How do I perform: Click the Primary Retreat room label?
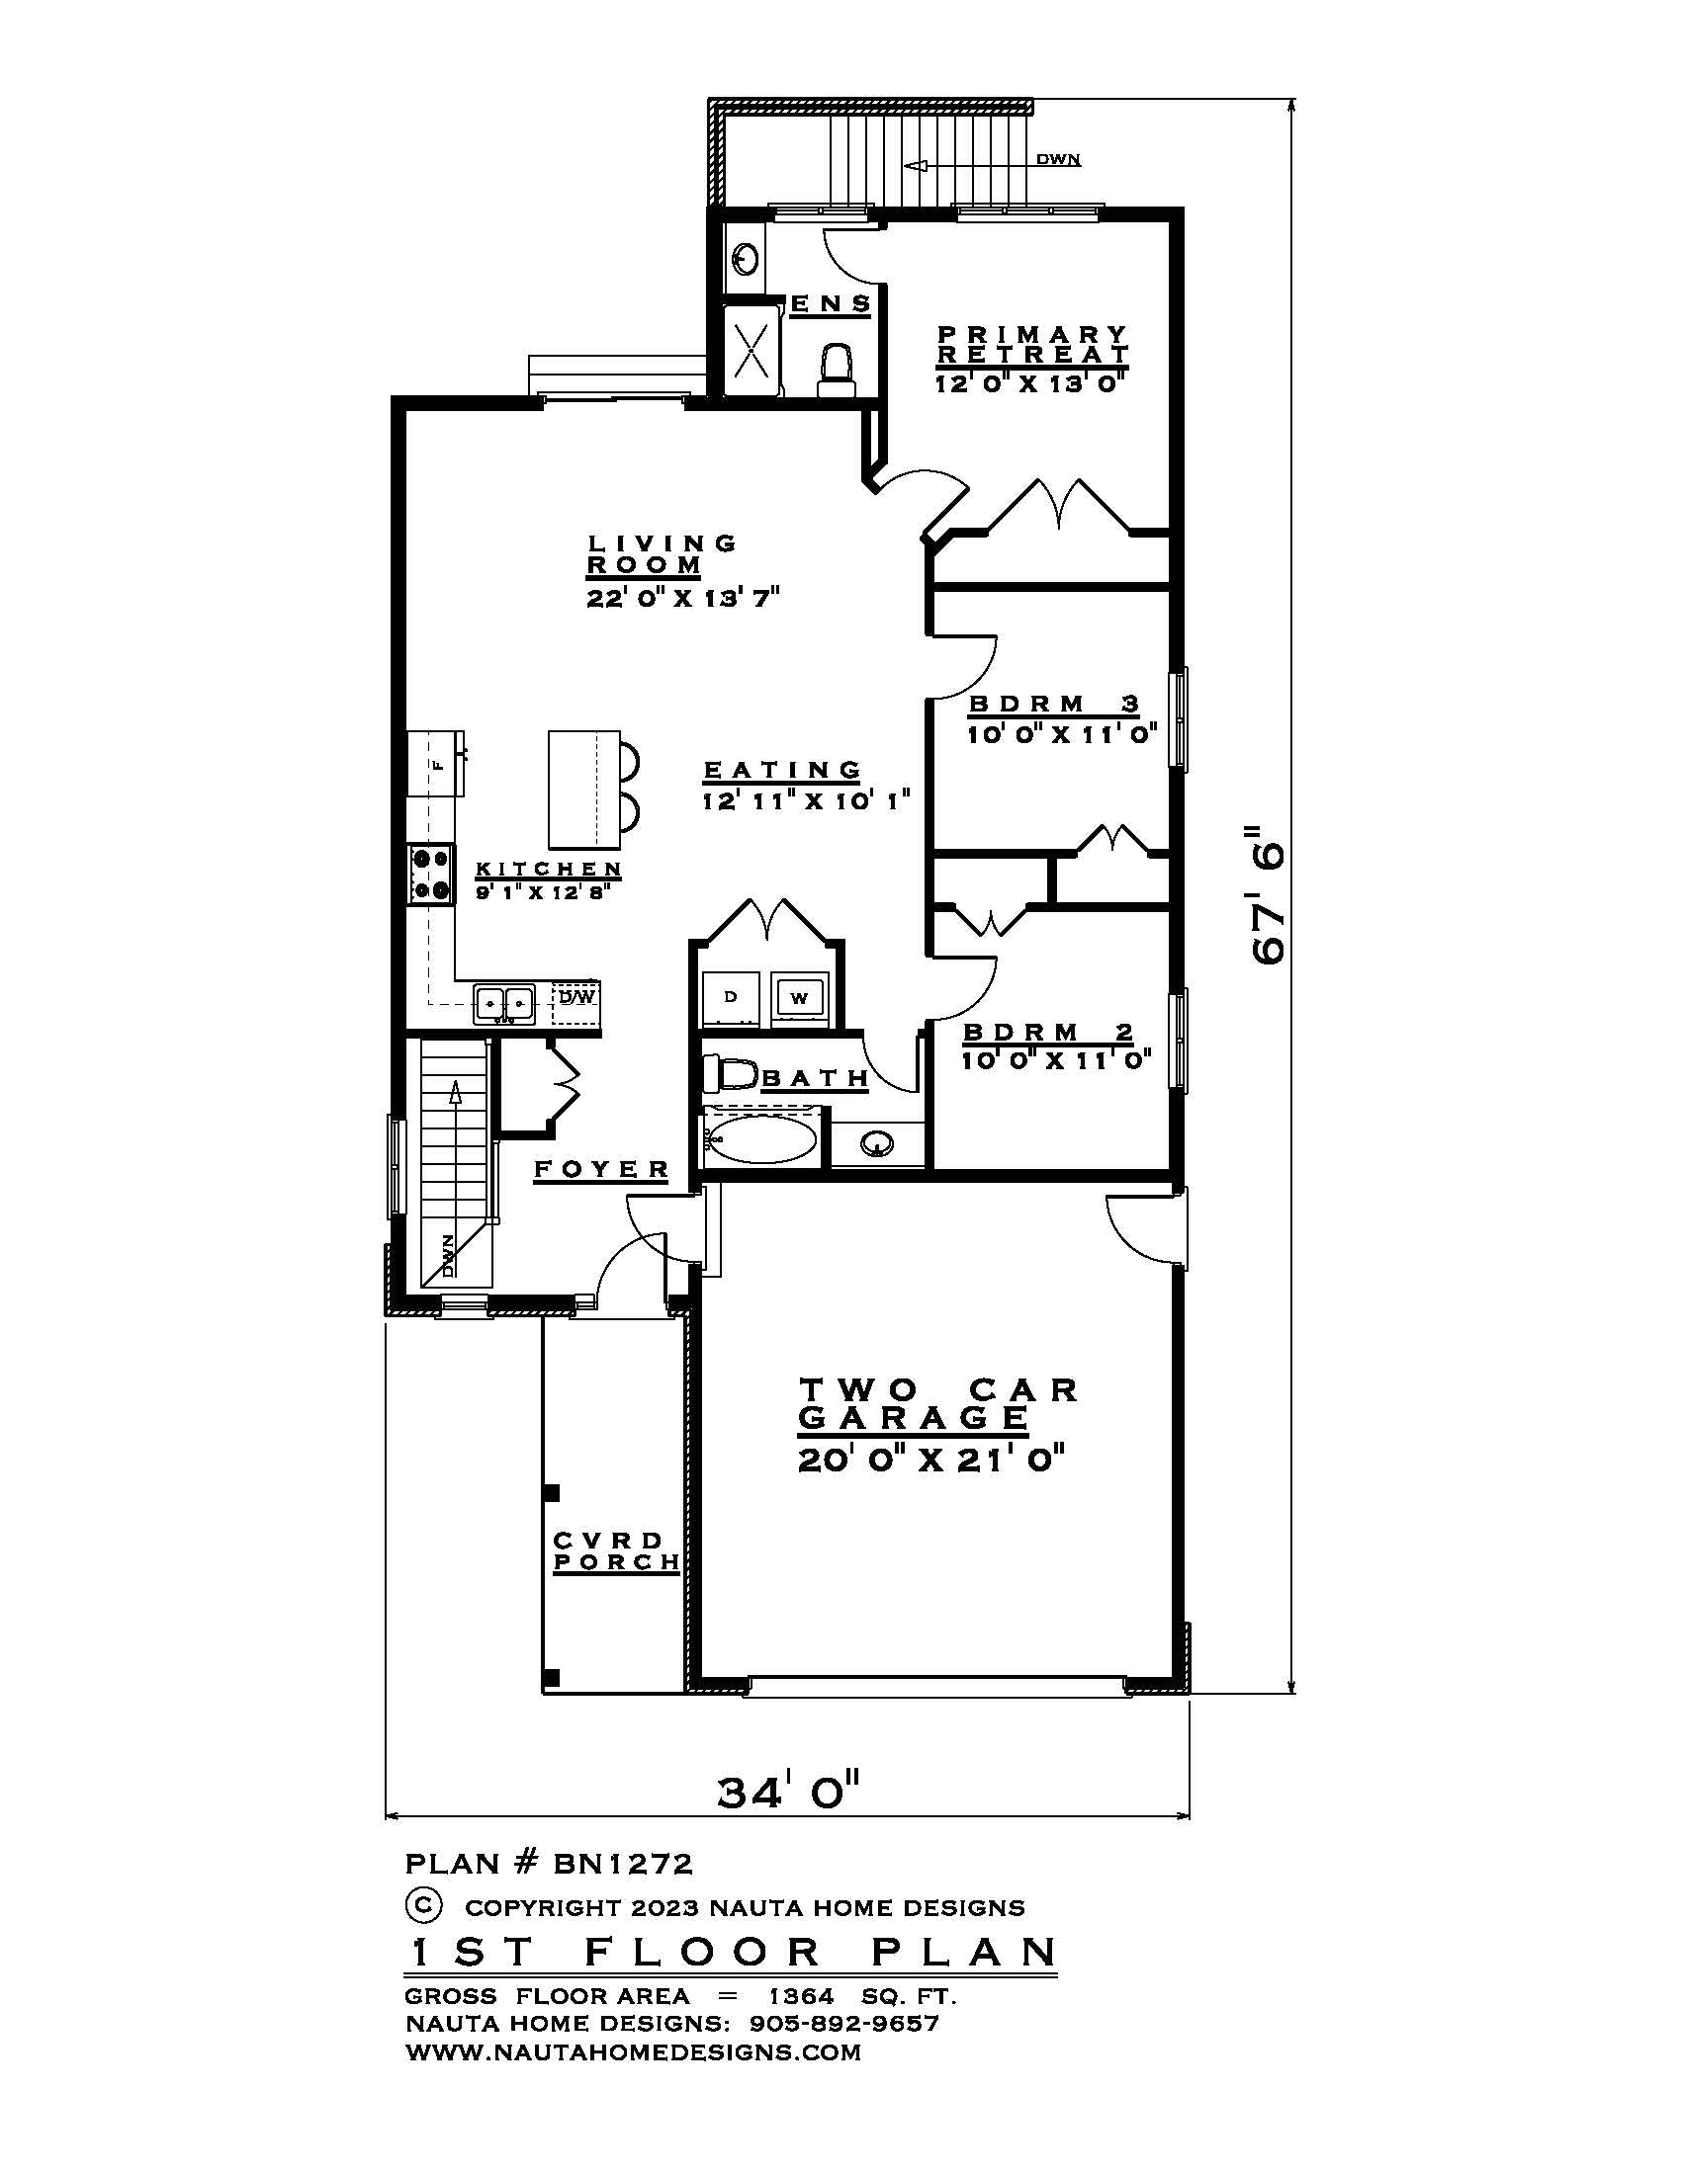(x=1032, y=344)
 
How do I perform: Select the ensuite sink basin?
(x=745, y=259)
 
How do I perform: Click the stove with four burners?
(x=430, y=874)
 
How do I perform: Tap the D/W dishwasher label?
(x=575, y=996)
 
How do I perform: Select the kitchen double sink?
(x=503, y=1001)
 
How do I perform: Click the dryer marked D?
(x=730, y=997)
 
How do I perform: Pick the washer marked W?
(x=799, y=997)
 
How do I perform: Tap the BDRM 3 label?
(x=1054, y=704)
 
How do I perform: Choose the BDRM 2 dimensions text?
(x=1057, y=1060)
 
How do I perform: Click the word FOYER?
(x=601, y=1169)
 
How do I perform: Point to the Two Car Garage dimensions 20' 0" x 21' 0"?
(x=931, y=1461)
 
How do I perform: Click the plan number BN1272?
(x=622, y=1863)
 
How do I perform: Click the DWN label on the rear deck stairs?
(x=1058, y=159)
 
